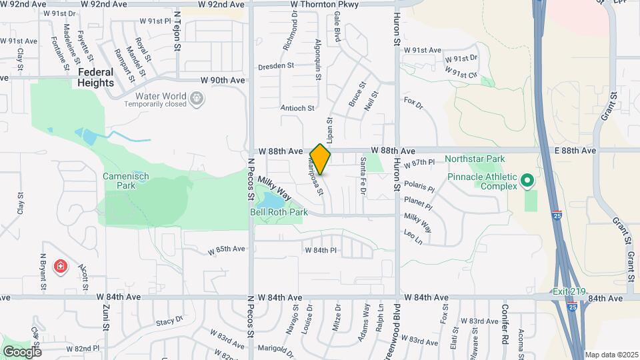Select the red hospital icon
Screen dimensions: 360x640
pos(61,267)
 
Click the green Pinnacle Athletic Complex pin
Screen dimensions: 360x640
pos(527,181)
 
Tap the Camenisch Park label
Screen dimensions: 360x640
pos(125,181)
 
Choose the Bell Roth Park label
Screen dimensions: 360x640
pos(279,212)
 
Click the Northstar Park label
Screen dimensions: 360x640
pos(475,159)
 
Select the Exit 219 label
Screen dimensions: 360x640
pos(568,291)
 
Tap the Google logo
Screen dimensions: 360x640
pos(22,351)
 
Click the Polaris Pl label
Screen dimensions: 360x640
pos(419,188)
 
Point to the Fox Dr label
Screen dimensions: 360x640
pos(414,103)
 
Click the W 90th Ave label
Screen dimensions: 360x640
pos(223,80)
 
